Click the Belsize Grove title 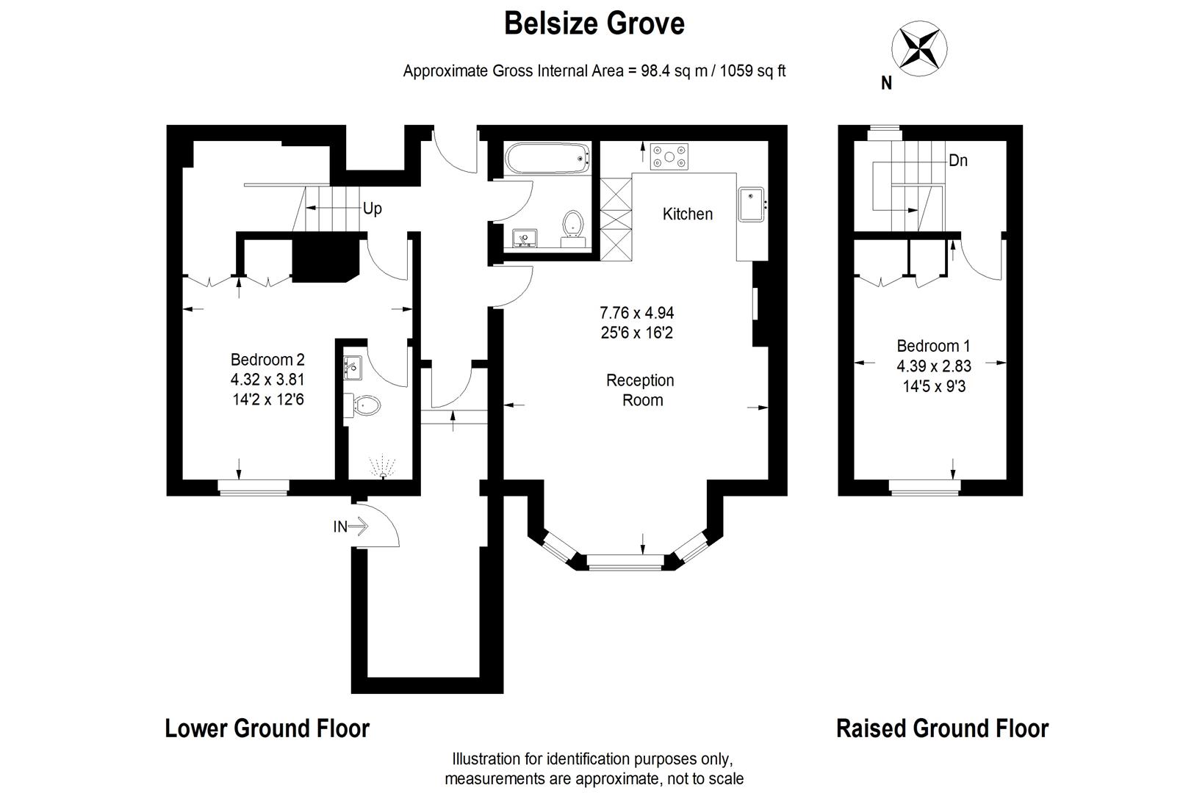point(594,23)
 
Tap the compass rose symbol point(918,49)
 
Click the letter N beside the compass point(886,84)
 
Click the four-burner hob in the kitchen point(670,156)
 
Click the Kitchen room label point(687,214)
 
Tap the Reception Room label point(639,390)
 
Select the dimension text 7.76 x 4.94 point(636,314)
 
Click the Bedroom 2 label point(267,360)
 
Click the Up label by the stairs point(373,209)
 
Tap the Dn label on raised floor point(957,160)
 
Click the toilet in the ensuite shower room point(367,405)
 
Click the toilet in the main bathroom point(572,224)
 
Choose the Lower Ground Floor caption point(267,728)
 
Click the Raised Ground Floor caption point(942,728)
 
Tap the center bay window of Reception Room point(625,563)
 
